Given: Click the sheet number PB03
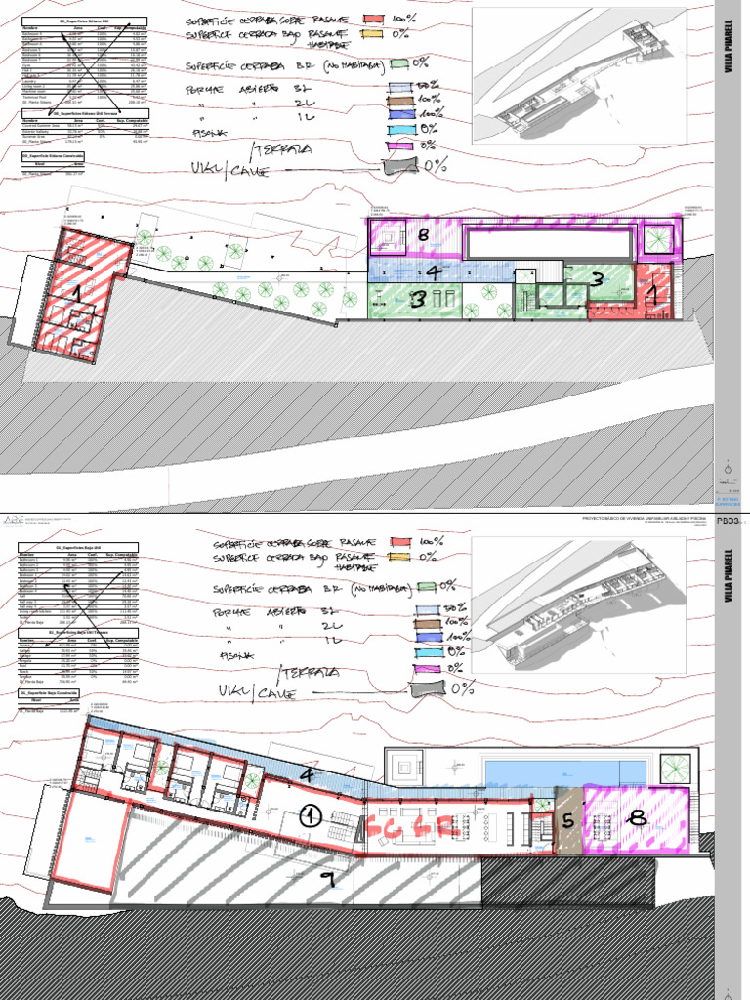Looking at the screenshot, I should [729, 521].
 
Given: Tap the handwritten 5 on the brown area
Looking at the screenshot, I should [568, 821].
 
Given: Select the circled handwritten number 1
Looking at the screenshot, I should [310, 815].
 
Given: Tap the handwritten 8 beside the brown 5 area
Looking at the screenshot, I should [637, 820].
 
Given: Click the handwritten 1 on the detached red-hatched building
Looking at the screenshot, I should [76, 290].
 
